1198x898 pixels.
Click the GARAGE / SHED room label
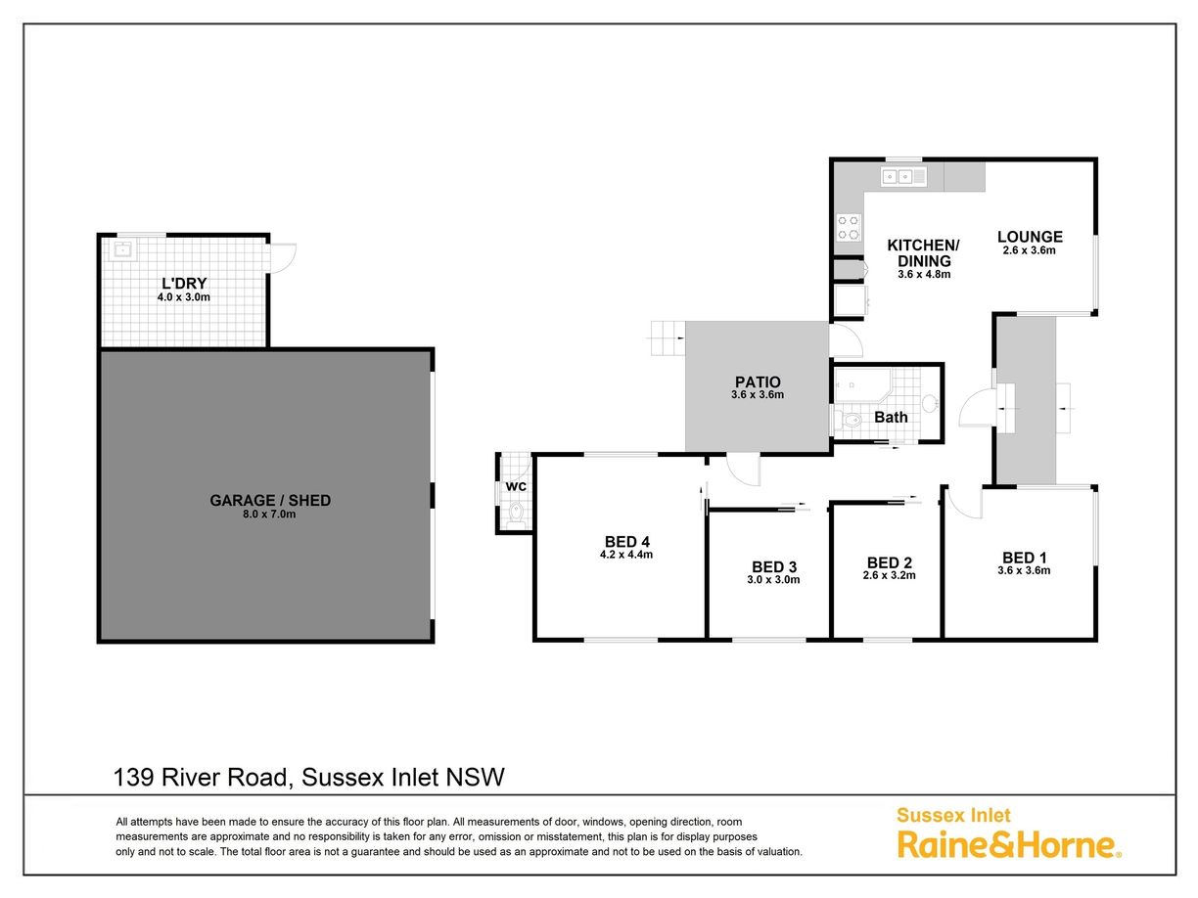coord(270,500)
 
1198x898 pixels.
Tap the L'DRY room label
coord(184,284)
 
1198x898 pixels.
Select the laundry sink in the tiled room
coord(122,251)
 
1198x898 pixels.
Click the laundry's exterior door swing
coord(283,258)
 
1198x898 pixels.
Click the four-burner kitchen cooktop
coord(849,228)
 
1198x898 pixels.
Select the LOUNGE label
coord(1030,237)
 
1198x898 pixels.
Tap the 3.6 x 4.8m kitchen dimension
coord(924,274)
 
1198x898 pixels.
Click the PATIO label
coord(758,382)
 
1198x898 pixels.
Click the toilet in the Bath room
coord(849,421)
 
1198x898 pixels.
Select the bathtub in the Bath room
coord(862,385)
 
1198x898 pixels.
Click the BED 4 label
coord(627,541)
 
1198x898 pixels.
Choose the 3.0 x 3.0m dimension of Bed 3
coord(773,579)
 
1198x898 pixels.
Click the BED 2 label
coord(890,562)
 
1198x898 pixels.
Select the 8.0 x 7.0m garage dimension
coord(269,515)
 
